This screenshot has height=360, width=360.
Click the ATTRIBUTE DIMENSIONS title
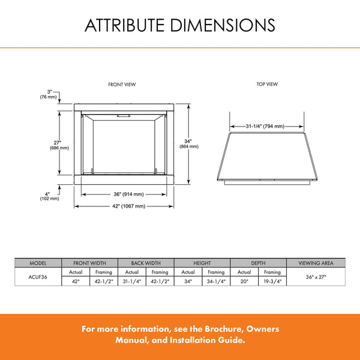(x=180, y=25)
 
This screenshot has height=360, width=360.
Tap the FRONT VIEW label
(x=122, y=85)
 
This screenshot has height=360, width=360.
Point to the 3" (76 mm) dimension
(x=49, y=94)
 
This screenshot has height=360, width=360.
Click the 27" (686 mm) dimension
(x=59, y=145)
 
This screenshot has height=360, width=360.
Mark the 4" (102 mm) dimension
(x=49, y=196)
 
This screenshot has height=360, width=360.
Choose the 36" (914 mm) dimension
(x=124, y=194)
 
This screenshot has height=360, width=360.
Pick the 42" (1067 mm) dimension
(x=124, y=206)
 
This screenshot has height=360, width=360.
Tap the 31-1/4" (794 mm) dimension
(x=265, y=127)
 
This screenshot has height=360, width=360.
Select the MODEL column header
(x=38, y=263)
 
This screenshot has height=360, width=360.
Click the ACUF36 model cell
(x=38, y=276)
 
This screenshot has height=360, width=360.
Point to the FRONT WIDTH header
(x=90, y=263)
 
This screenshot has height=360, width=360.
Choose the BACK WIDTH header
(x=146, y=263)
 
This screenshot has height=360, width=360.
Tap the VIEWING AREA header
(x=316, y=263)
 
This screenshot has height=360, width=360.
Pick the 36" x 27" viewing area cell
(x=316, y=277)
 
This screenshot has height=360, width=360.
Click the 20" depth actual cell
(x=244, y=281)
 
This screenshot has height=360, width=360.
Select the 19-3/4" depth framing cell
(x=272, y=281)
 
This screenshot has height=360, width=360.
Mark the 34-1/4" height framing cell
(x=216, y=281)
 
